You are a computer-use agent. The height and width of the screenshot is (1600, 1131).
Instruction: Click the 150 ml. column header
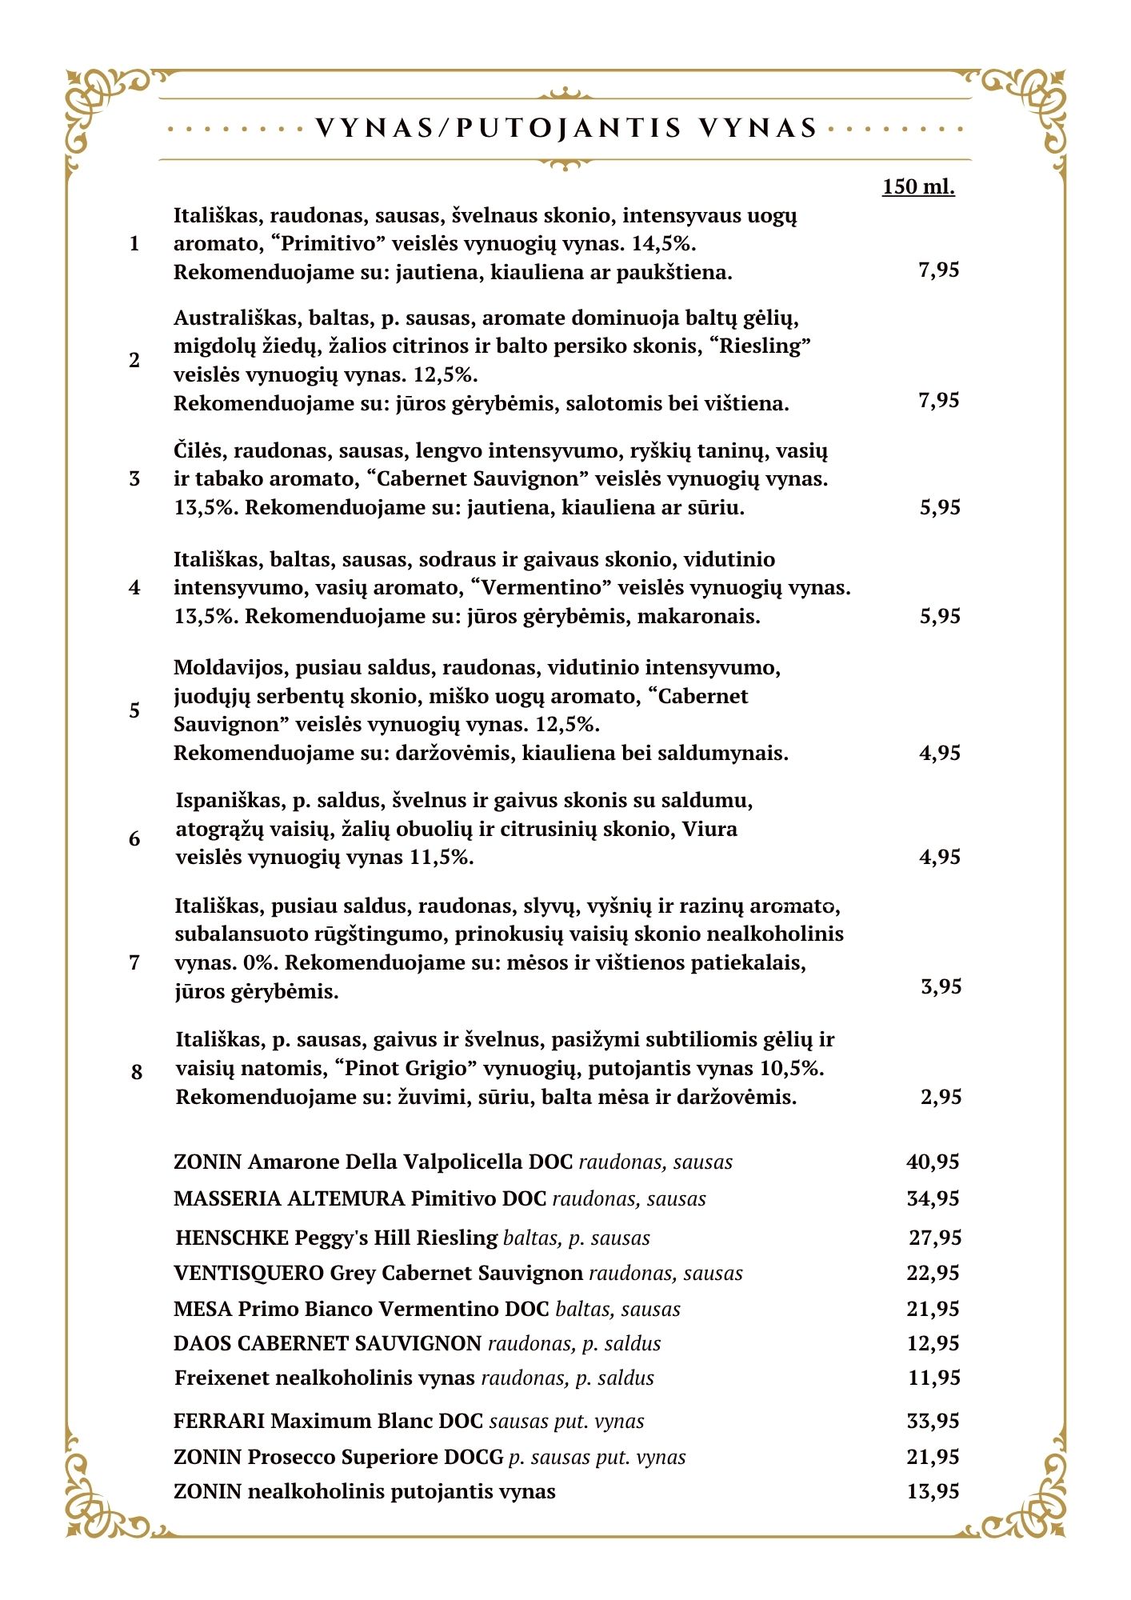(x=918, y=186)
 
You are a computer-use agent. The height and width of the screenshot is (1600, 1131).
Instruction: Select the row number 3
(x=134, y=478)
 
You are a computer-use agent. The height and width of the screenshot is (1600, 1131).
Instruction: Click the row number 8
(x=137, y=1071)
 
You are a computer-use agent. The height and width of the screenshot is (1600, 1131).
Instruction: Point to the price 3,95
(x=941, y=986)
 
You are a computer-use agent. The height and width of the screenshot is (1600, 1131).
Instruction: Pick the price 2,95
(x=941, y=1097)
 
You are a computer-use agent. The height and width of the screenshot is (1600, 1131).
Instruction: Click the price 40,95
(x=933, y=1162)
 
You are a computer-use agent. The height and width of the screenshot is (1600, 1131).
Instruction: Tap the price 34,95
(x=933, y=1198)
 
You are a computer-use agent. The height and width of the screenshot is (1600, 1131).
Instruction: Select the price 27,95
(x=934, y=1238)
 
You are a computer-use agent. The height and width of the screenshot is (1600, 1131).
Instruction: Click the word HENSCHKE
(x=232, y=1238)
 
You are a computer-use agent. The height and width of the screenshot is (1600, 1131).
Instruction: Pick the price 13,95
(x=933, y=1491)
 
